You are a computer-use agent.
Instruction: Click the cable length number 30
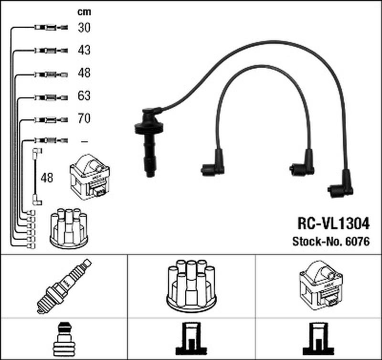click(x=84, y=28)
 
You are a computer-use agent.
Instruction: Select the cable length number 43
click(x=84, y=50)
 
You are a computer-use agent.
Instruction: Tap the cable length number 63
click(x=84, y=96)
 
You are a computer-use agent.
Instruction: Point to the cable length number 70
click(x=84, y=118)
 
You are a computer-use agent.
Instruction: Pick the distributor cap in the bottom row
click(x=191, y=286)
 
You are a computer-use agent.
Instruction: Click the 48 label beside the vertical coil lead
click(x=47, y=178)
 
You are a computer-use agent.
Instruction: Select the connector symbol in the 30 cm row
click(x=48, y=28)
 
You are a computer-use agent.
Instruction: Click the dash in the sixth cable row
click(x=84, y=141)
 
